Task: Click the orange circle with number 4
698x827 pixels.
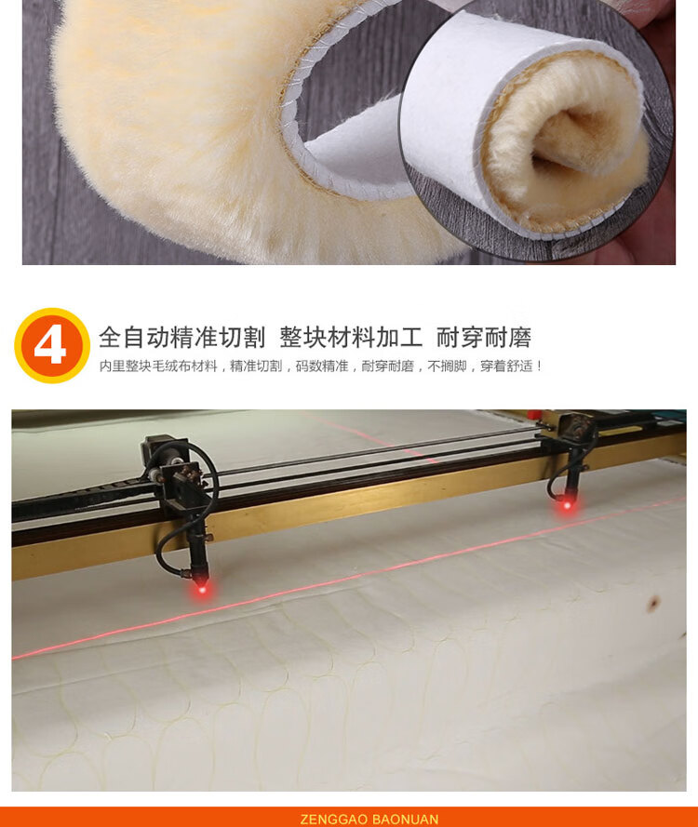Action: click(52, 345)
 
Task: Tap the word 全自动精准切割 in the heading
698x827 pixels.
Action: click(181, 338)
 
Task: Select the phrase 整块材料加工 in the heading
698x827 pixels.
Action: click(351, 338)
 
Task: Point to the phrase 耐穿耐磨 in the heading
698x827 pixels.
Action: click(483, 338)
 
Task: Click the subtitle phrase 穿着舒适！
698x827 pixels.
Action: click(511, 366)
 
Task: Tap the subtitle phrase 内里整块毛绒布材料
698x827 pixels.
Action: click(158, 366)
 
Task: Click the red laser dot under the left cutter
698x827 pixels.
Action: click(202, 589)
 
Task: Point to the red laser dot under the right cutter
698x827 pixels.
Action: click(568, 505)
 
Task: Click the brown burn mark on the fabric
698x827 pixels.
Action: click(653, 603)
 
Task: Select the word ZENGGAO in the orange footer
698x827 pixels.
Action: click(334, 819)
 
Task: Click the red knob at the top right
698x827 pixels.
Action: click(534, 415)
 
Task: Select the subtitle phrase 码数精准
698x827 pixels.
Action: click(322, 366)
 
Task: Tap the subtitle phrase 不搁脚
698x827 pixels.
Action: click(447, 366)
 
